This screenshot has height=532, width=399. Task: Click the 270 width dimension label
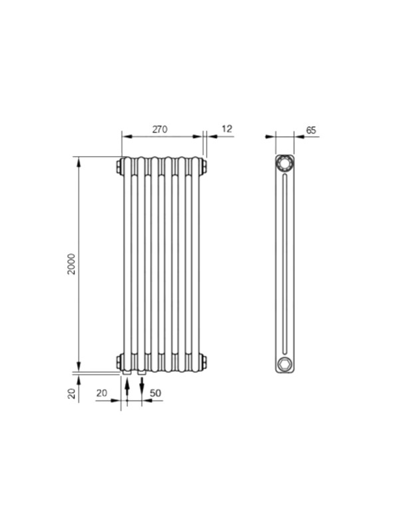tap(160, 129)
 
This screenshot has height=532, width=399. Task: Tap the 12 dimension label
tap(227, 129)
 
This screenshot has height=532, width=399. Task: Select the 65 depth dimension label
tap(311, 130)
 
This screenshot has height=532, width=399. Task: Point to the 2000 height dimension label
tap(72, 263)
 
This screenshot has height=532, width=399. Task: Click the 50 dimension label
tap(155, 393)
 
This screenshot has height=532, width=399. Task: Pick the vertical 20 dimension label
tap(72, 394)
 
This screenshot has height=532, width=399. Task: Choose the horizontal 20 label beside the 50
tap(102, 393)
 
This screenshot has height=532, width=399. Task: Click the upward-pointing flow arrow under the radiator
tap(127, 387)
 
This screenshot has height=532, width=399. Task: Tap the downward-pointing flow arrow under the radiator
tap(142, 386)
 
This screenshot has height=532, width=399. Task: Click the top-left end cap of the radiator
tap(119, 166)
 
